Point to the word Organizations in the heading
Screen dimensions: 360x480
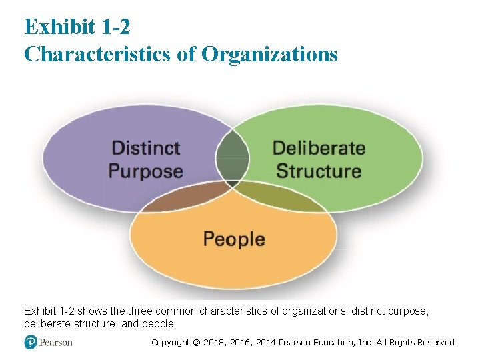(x=269, y=53)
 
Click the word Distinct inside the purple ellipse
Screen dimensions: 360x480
(x=146, y=147)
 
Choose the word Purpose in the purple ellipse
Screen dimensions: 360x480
(x=146, y=171)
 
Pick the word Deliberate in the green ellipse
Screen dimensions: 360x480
(x=319, y=147)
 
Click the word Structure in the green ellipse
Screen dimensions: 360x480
(x=319, y=171)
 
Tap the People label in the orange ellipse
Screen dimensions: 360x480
(x=234, y=239)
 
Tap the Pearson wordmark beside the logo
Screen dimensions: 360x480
(x=56, y=343)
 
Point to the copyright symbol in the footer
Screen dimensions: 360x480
(x=196, y=343)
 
